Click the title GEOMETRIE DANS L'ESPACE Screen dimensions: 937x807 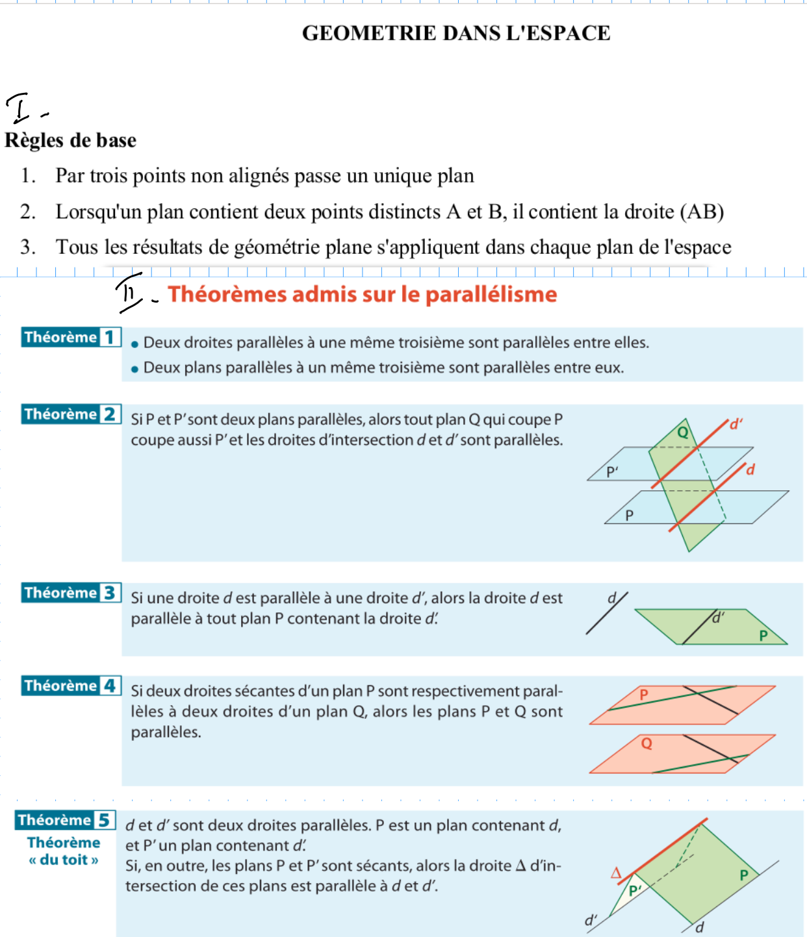[x=456, y=33]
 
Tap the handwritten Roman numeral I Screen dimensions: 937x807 [x=19, y=108]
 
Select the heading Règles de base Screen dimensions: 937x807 [x=70, y=140]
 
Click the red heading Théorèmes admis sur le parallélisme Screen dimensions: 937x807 [x=363, y=294]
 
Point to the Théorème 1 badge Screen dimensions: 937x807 [x=71, y=337]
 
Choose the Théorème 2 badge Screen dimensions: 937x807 [x=71, y=414]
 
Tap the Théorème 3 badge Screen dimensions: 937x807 [x=71, y=593]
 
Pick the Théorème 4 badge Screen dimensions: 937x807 [x=71, y=686]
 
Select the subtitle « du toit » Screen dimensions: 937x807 [x=64, y=860]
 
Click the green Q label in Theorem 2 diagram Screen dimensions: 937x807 [x=683, y=432]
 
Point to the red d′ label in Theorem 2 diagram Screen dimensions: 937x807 [x=736, y=425]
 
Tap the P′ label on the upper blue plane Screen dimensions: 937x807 [x=612, y=472]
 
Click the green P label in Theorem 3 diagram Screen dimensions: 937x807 [x=763, y=635]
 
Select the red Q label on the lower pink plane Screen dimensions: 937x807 [x=647, y=743]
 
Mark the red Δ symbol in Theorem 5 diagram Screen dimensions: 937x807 [x=617, y=873]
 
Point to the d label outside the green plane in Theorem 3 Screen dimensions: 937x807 [x=611, y=598]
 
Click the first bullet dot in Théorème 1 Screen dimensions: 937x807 [x=135, y=344]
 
